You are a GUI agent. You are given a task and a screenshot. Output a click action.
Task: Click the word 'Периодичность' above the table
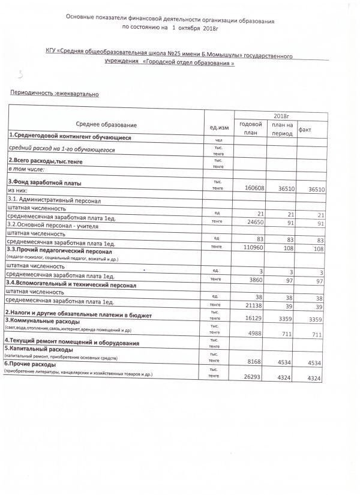pyautogui.click(x=29, y=94)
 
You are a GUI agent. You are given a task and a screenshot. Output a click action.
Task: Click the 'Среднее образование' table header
pyautogui.click(x=107, y=125)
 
